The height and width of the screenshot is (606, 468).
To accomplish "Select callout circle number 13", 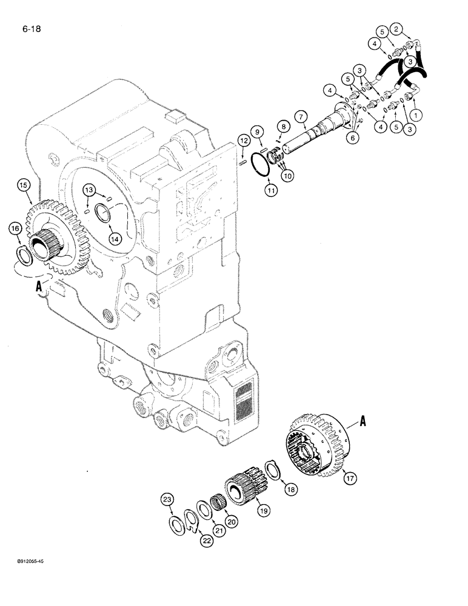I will (89, 190).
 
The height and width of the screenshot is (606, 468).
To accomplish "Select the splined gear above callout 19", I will (241, 483).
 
